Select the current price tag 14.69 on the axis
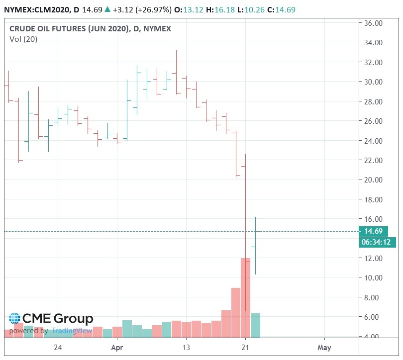point(374,231)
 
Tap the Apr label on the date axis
point(117,347)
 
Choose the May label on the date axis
point(324,347)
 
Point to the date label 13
point(187,347)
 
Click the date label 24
point(58,347)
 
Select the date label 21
point(245,347)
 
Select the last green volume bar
point(255,325)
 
